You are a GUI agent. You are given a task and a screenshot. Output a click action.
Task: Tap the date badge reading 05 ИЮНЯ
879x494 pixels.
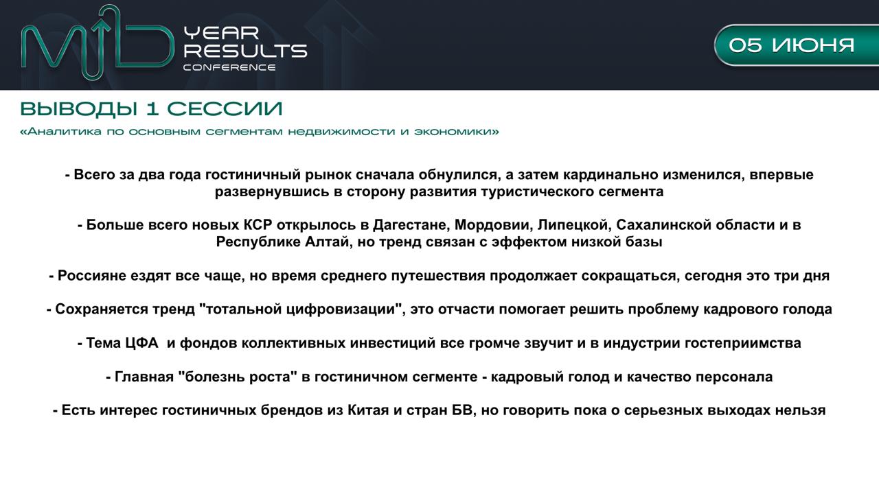pyautogui.click(x=797, y=45)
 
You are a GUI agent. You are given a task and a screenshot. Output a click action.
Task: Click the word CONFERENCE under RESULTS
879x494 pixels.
pyautogui.click(x=229, y=67)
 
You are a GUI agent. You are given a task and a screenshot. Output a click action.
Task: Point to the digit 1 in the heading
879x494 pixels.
pyautogui.click(x=152, y=109)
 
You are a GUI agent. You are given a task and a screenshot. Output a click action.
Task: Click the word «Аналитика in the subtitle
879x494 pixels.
pyautogui.click(x=61, y=131)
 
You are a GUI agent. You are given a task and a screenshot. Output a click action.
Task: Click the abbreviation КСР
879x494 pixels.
pyautogui.click(x=258, y=224)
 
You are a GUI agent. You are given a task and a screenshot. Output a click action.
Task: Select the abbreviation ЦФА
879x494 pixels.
pyautogui.click(x=141, y=343)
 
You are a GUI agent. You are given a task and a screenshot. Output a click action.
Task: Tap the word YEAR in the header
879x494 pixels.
pyautogui.click(x=222, y=34)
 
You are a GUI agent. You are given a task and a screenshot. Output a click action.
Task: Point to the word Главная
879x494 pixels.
pyautogui.click(x=144, y=377)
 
